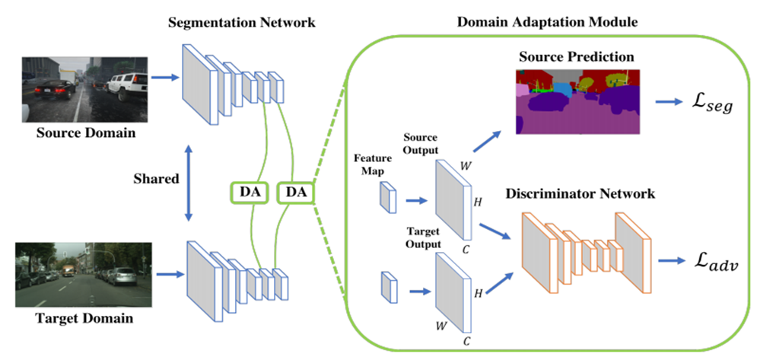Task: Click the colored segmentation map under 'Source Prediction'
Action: pyautogui.click(x=579, y=101)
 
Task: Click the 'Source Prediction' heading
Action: pyautogui.click(x=577, y=57)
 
